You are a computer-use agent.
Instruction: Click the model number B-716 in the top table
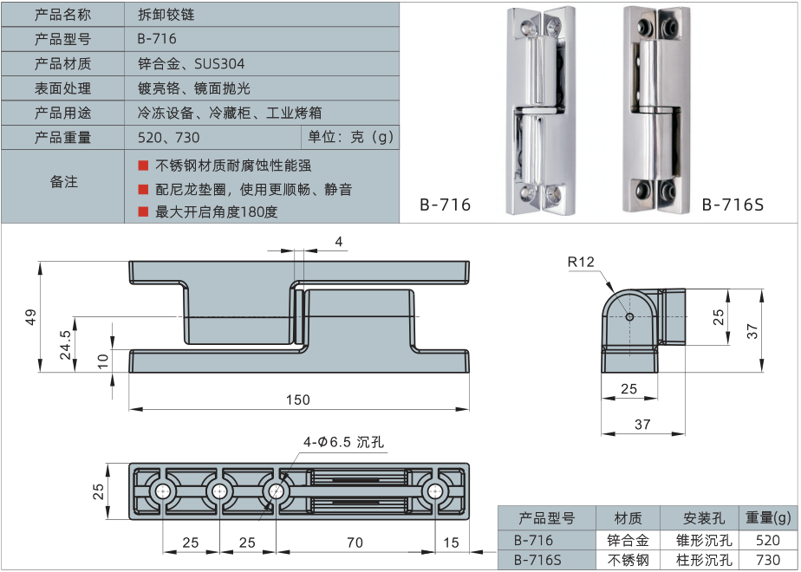(x=157, y=39)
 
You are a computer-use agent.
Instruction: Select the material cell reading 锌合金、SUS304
(x=191, y=63)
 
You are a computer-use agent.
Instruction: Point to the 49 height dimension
(x=30, y=317)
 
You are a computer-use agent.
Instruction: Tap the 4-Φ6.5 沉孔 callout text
(x=343, y=442)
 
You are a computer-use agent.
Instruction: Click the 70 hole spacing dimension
(x=355, y=543)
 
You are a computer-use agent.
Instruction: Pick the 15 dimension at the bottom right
(x=450, y=543)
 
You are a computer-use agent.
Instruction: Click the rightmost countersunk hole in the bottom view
(x=433, y=492)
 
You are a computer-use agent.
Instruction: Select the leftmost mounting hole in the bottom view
(x=163, y=492)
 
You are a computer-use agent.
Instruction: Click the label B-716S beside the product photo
(x=733, y=205)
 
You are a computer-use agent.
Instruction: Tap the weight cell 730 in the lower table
(x=768, y=560)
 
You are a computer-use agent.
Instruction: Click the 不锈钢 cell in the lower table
(x=628, y=560)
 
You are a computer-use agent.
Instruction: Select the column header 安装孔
(x=704, y=518)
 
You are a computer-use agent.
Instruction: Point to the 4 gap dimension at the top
(x=339, y=241)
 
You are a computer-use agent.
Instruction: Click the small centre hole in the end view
(x=629, y=316)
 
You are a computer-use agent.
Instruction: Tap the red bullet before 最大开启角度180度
(x=143, y=211)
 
